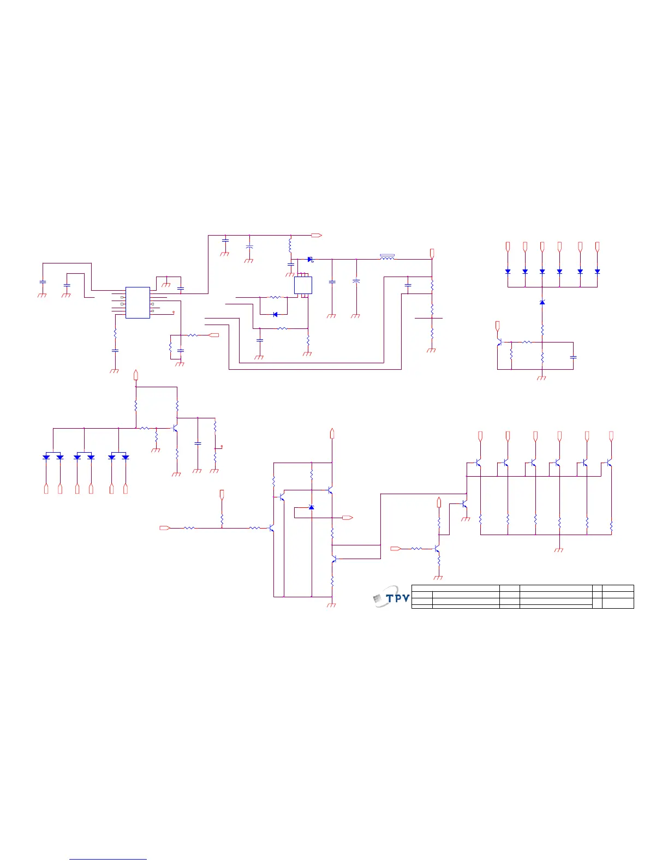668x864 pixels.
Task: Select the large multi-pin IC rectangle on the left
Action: click(138, 303)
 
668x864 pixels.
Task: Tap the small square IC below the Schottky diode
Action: click(303, 285)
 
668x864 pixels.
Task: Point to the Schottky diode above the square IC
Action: click(310, 259)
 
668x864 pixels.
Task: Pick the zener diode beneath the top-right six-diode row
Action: click(542, 302)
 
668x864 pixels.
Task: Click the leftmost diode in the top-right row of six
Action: click(508, 271)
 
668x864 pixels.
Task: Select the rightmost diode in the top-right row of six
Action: click(597, 271)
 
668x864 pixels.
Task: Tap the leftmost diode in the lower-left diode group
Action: click(46, 457)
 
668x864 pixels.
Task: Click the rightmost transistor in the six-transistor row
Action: click(609, 463)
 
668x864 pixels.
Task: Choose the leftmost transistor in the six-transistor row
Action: click(478, 463)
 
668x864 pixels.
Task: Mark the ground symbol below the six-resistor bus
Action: click(558, 549)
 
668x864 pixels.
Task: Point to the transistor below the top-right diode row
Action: click(499, 343)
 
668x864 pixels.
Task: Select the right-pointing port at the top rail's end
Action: click(316, 235)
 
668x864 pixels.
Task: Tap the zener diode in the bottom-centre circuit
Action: click(311, 507)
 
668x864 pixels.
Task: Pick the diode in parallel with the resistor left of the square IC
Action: click(275, 314)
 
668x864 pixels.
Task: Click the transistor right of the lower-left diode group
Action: click(175, 428)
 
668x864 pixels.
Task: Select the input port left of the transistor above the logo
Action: click(396, 548)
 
